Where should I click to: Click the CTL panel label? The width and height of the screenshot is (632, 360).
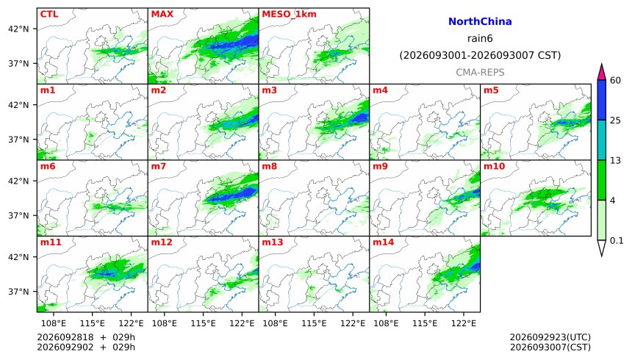pyautogui.click(x=49, y=14)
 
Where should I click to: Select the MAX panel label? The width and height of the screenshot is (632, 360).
pyautogui.click(x=162, y=14)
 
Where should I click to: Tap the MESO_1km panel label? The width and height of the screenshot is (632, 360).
pyautogui.click(x=289, y=15)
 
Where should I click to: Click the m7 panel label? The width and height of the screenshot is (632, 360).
pyautogui.click(x=159, y=166)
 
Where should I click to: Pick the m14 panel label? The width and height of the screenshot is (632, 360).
pyautogui.click(x=383, y=242)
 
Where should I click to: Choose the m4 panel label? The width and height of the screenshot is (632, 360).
pyautogui.click(x=380, y=90)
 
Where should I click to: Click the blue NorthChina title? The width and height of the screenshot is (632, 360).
pyautogui.click(x=480, y=21)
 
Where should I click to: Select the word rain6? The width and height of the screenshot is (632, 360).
pyautogui.click(x=480, y=38)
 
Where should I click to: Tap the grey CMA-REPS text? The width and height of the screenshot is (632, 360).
pyautogui.click(x=480, y=72)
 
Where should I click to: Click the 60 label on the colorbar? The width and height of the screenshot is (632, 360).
pyautogui.click(x=615, y=80)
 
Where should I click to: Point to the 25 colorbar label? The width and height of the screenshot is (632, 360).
pyautogui.click(x=615, y=120)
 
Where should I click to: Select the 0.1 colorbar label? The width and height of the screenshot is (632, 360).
pyautogui.click(x=617, y=241)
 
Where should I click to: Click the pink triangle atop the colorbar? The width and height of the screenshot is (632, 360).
pyautogui.click(x=602, y=73)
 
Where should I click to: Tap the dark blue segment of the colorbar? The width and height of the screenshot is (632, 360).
pyautogui.click(x=602, y=100)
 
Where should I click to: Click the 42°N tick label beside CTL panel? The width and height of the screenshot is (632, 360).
pyautogui.click(x=18, y=29)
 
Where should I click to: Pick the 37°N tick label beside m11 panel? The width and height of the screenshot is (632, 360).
pyautogui.click(x=18, y=292)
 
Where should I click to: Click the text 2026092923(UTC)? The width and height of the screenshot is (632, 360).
pyautogui.click(x=550, y=337)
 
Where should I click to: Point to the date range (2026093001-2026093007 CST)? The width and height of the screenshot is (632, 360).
pyautogui.click(x=480, y=55)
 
